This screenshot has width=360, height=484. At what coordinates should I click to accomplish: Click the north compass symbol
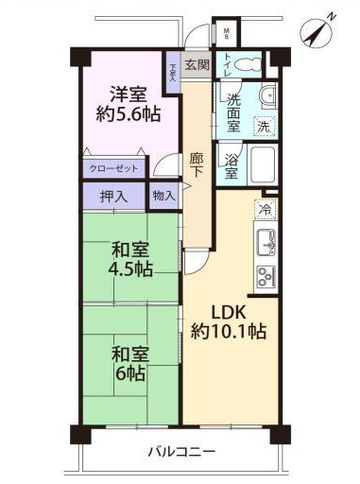click(316, 33)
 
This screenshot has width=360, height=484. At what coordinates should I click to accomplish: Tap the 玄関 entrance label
click(197, 64)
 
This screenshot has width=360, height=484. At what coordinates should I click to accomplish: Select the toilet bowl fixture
click(249, 65)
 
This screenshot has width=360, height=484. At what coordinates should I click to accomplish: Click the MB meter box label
click(226, 34)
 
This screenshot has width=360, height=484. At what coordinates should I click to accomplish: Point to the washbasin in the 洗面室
click(267, 95)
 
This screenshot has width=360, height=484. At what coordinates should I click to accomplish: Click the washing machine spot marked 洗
click(264, 127)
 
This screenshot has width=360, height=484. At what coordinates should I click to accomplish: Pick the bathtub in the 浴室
click(262, 164)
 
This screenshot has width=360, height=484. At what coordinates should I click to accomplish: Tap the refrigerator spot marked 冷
click(265, 209)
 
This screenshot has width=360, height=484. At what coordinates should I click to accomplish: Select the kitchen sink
click(266, 242)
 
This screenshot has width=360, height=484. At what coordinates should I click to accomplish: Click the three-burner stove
click(266, 278)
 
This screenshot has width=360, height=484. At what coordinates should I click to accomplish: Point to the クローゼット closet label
click(113, 168)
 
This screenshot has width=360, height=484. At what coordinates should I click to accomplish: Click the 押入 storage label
click(114, 197)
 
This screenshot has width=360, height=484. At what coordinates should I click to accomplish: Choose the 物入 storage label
click(164, 197)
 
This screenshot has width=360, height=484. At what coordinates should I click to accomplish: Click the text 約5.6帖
click(129, 114)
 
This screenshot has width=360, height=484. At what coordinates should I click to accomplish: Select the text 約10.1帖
click(229, 332)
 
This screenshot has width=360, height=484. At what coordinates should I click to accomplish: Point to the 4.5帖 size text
click(130, 269)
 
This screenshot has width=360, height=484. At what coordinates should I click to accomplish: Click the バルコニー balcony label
click(181, 452)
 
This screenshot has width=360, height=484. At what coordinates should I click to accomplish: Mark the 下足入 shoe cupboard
click(173, 73)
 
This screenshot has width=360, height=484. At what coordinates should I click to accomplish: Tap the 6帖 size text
click(130, 373)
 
